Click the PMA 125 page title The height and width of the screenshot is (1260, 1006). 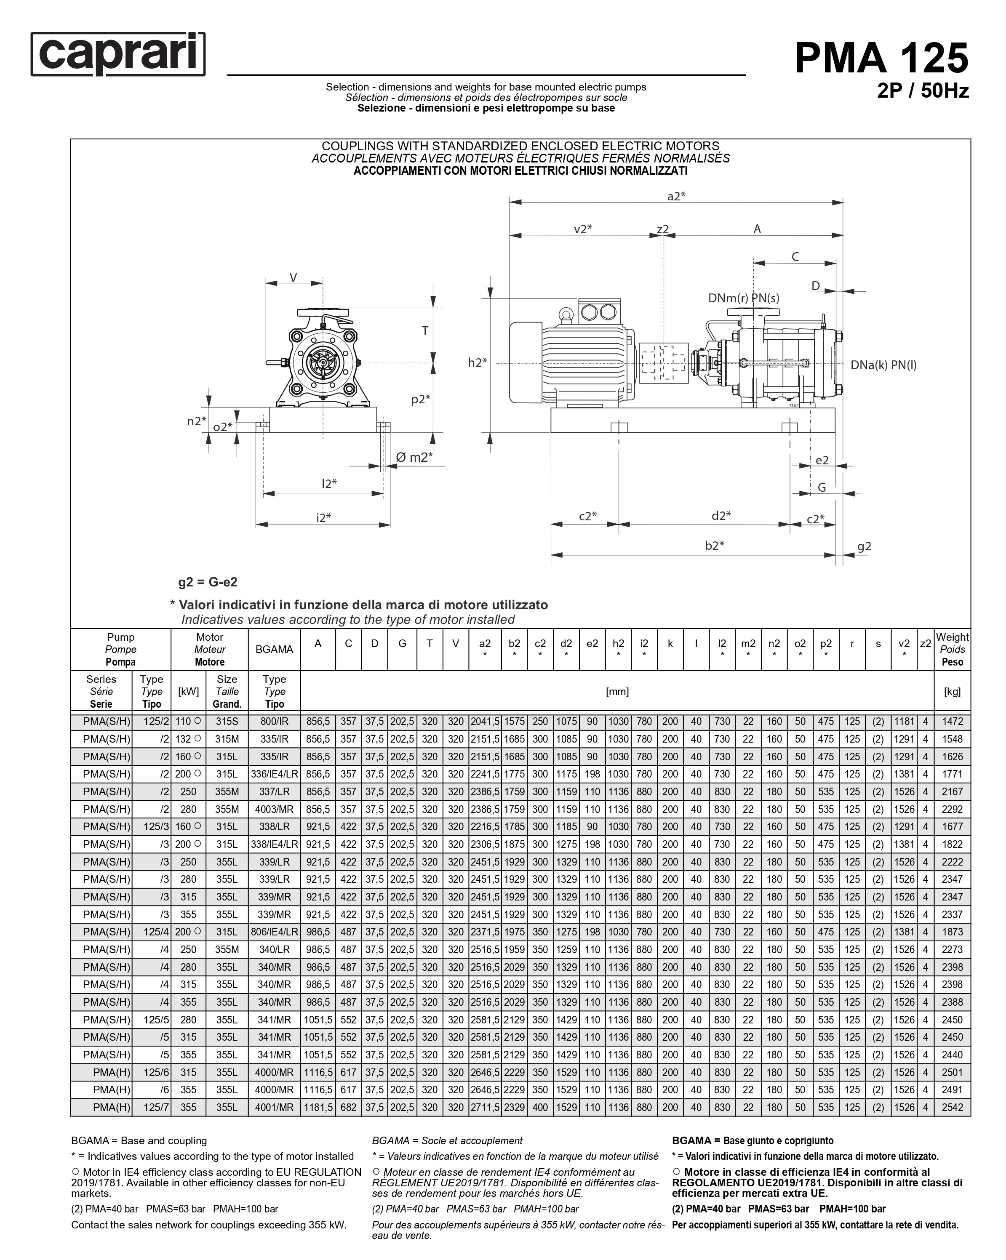tap(881, 58)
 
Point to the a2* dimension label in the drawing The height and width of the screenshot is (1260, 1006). tap(676, 196)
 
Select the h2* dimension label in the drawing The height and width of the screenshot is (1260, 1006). tap(477, 362)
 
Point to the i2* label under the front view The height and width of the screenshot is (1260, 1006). tap(323, 517)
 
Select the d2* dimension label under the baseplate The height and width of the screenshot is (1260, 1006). tap(721, 515)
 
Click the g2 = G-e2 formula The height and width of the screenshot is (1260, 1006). tap(208, 582)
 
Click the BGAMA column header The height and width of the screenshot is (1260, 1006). tap(274, 649)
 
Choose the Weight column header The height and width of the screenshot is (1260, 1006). tap(952, 649)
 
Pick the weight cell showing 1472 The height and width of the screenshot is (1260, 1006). tap(952, 722)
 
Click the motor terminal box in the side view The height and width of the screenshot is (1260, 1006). tap(598, 312)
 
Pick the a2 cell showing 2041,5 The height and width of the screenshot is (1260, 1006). tap(485, 722)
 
